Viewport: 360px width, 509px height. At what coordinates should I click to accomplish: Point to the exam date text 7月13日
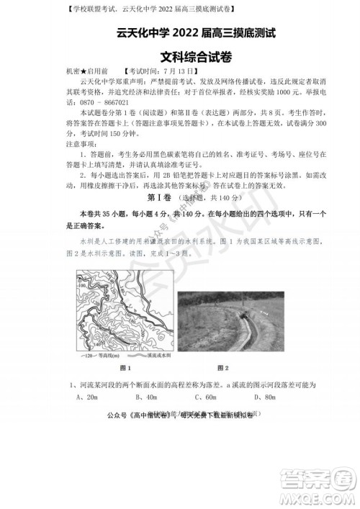pos(193,72)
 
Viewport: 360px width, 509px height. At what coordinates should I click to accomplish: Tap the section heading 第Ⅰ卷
pos(160,197)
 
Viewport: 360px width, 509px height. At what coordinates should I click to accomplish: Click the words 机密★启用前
pos(86,72)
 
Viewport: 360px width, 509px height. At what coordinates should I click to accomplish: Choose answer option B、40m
pos(146,397)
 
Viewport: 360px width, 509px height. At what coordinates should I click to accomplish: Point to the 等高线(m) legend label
pos(110,356)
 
